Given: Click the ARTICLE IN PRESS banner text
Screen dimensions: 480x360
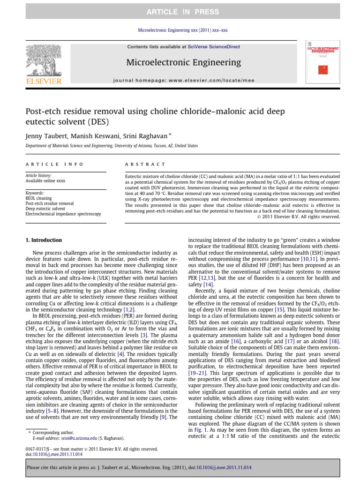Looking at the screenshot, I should click(180, 11).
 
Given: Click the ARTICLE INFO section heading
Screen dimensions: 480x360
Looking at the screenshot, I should click(54, 164).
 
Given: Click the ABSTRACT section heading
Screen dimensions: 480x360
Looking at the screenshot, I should click(145, 164).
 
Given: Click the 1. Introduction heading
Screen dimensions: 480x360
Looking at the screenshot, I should click(43, 240).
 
